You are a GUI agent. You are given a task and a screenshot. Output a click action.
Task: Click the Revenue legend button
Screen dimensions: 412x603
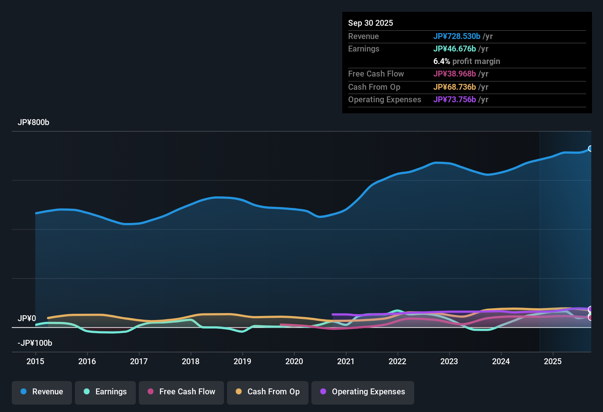[x=42, y=392]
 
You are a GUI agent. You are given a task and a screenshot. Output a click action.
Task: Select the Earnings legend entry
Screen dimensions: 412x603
[x=105, y=392]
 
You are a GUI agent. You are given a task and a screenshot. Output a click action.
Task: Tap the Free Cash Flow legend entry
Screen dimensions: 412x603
[x=181, y=392]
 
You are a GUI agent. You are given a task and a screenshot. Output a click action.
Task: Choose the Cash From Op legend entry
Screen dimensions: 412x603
[x=268, y=392]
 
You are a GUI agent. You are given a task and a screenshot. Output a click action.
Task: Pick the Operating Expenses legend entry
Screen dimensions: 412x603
[x=363, y=392]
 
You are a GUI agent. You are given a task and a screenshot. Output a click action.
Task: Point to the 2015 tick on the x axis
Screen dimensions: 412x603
[x=35, y=361]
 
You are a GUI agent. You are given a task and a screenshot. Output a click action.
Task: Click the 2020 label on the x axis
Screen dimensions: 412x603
[x=294, y=361]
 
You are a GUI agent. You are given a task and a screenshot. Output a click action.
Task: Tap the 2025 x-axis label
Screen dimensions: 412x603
[x=553, y=361]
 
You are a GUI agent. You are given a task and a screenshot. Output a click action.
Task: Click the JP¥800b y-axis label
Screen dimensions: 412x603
[x=33, y=122]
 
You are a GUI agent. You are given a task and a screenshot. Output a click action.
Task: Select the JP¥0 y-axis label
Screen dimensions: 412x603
[x=27, y=319]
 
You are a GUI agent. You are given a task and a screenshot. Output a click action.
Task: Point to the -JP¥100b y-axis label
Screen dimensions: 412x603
[x=35, y=343]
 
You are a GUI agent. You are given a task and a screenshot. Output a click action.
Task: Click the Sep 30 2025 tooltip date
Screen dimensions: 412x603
[x=371, y=23]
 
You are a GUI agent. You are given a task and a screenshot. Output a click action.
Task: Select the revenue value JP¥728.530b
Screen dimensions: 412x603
[x=456, y=36]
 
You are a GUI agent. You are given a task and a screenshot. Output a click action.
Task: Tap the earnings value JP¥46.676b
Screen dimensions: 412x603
[x=454, y=49]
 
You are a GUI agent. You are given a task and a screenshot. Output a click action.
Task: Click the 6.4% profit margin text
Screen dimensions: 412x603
[x=466, y=61]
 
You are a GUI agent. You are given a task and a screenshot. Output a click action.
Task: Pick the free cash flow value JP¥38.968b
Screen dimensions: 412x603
[x=454, y=74]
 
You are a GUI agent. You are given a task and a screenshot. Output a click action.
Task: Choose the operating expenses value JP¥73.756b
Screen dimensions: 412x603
[x=454, y=100]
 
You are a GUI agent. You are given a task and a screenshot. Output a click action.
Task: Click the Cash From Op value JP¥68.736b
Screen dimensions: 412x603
[x=454, y=87]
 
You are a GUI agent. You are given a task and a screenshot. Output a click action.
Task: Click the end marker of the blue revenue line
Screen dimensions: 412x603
[x=591, y=149]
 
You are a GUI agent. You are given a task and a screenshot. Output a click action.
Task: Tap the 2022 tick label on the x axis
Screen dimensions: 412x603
[x=397, y=361]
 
